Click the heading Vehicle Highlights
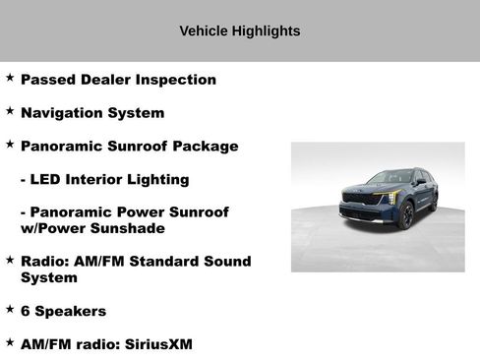[239, 31]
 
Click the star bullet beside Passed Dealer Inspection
[10, 77]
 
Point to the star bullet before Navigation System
[10, 110]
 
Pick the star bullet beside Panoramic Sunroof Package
[10, 144]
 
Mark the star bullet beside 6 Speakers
[10, 308]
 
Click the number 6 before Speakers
[26, 311]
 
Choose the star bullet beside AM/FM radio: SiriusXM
[10, 341]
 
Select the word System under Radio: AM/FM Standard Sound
[48, 277]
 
